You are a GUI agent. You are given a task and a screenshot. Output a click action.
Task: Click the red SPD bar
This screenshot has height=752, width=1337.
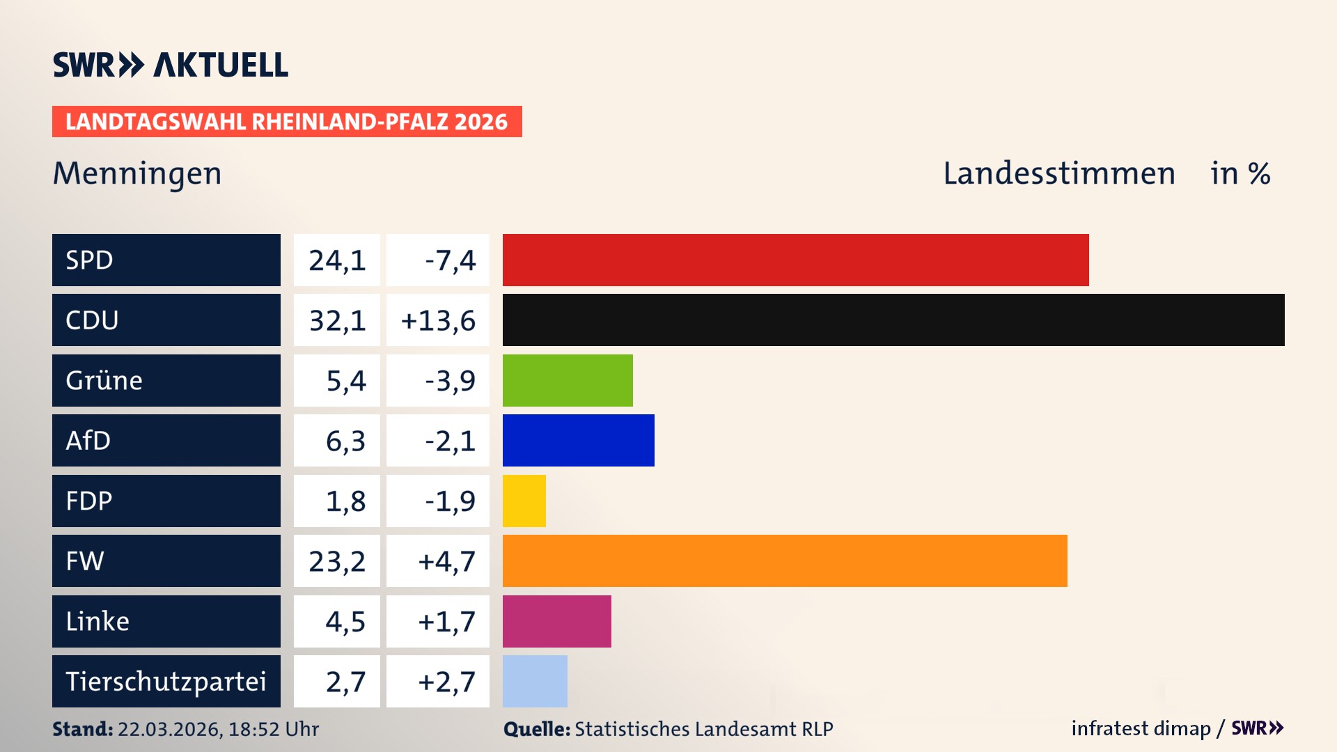[x=795, y=260]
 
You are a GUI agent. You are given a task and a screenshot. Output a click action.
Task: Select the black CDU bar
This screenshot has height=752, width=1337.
[x=893, y=320]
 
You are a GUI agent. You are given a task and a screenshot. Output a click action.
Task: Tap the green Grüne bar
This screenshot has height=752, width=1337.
[x=568, y=380]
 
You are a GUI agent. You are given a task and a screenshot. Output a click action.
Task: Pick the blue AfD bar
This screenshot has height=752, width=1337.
[x=578, y=440]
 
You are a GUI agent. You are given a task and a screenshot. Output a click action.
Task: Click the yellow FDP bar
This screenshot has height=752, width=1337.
[x=524, y=501]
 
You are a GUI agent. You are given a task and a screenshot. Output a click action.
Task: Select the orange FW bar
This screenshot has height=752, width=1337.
[x=785, y=561]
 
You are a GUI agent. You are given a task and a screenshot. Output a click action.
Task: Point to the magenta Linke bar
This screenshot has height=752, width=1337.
[x=556, y=621]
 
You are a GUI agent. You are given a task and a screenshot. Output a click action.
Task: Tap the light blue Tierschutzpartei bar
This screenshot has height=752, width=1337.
[x=535, y=681]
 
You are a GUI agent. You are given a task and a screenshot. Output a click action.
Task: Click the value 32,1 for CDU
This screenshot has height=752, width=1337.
[x=337, y=320]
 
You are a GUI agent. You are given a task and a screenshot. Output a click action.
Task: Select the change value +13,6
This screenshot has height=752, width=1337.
[x=438, y=320]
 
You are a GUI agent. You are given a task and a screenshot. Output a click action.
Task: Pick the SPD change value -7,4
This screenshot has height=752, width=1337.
[x=450, y=260]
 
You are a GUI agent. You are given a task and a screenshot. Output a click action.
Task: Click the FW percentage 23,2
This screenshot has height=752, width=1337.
[x=337, y=561]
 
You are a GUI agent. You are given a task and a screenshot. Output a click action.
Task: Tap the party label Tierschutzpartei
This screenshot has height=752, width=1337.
[x=166, y=681]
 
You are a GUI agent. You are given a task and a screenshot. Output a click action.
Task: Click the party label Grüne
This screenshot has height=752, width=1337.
[x=104, y=380]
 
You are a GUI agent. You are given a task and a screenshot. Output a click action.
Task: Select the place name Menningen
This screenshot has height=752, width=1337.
[x=137, y=173]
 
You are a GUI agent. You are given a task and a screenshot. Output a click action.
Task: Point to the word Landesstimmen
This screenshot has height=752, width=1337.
[x=1058, y=173]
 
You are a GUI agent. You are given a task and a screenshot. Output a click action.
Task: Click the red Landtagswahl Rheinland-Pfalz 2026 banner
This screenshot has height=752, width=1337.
[x=287, y=122]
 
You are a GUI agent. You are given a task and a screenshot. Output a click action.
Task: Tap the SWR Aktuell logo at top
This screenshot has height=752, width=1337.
[x=171, y=65]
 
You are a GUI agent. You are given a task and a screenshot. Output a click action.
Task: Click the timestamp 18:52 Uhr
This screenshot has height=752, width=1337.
[x=273, y=729]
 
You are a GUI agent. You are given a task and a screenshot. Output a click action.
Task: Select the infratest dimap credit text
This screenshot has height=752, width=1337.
[x=1141, y=728]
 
